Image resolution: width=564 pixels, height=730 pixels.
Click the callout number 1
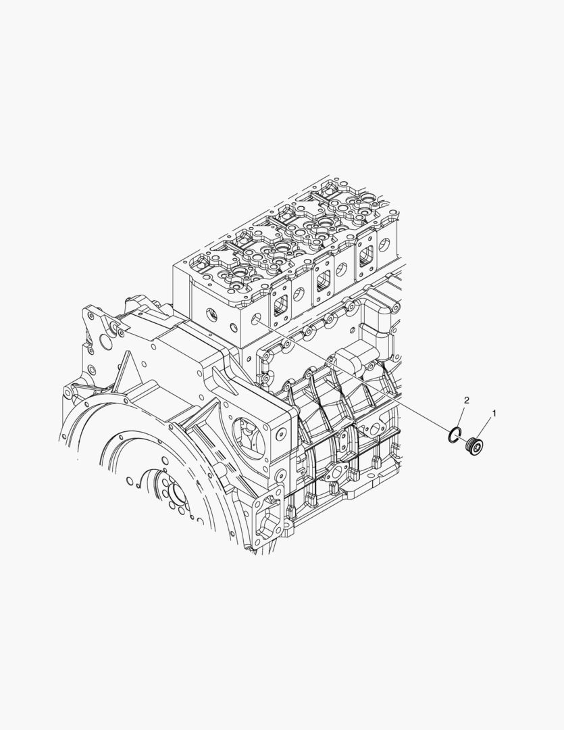click(494, 413)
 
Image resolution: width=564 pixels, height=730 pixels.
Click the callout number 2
click(466, 400)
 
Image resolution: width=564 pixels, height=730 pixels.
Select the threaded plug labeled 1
click(473, 447)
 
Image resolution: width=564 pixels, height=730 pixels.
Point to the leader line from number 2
click(461, 415)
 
